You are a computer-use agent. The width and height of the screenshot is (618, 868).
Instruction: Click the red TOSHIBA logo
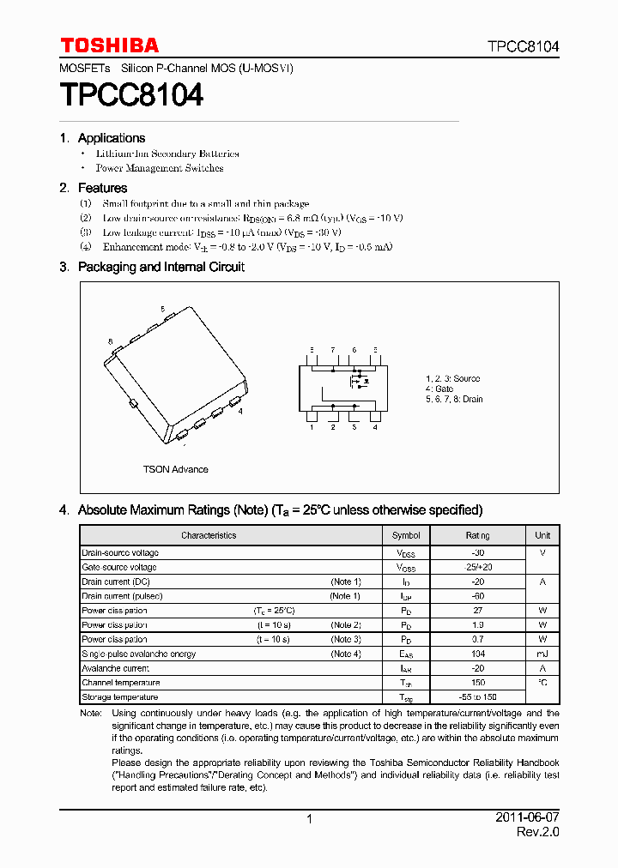click(x=109, y=45)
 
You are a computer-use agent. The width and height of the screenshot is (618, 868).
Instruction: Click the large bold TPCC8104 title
click(x=131, y=95)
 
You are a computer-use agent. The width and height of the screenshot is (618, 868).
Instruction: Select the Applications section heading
click(x=111, y=138)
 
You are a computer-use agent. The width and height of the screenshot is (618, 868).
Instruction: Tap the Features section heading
click(x=102, y=188)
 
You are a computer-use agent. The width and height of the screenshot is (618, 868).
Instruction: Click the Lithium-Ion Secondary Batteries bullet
click(x=167, y=154)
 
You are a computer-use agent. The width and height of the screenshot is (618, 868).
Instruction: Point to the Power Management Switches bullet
click(x=160, y=168)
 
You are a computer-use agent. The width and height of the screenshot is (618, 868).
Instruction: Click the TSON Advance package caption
click(x=175, y=469)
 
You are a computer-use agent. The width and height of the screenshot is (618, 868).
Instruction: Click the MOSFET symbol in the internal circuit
click(x=360, y=379)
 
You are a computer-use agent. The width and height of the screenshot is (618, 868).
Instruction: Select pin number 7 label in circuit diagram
click(x=332, y=350)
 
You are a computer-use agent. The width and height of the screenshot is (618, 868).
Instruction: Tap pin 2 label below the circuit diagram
click(x=332, y=427)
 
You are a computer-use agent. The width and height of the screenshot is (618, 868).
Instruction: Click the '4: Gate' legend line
click(x=439, y=389)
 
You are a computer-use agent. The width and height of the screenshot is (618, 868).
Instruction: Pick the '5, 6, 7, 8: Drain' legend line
click(x=454, y=399)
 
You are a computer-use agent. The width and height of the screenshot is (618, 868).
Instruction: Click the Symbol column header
click(x=406, y=535)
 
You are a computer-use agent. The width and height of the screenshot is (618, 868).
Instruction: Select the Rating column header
click(x=478, y=535)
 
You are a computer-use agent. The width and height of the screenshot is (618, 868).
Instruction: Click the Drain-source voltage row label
click(x=120, y=553)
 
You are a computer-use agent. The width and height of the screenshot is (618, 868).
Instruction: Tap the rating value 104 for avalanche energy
click(x=478, y=654)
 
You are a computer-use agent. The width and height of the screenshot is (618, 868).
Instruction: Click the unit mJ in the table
click(x=542, y=654)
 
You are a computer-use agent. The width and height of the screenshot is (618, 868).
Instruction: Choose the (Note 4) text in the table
click(x=346, y=654)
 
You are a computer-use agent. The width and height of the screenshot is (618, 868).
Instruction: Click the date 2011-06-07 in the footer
click(x=527, y=817)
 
